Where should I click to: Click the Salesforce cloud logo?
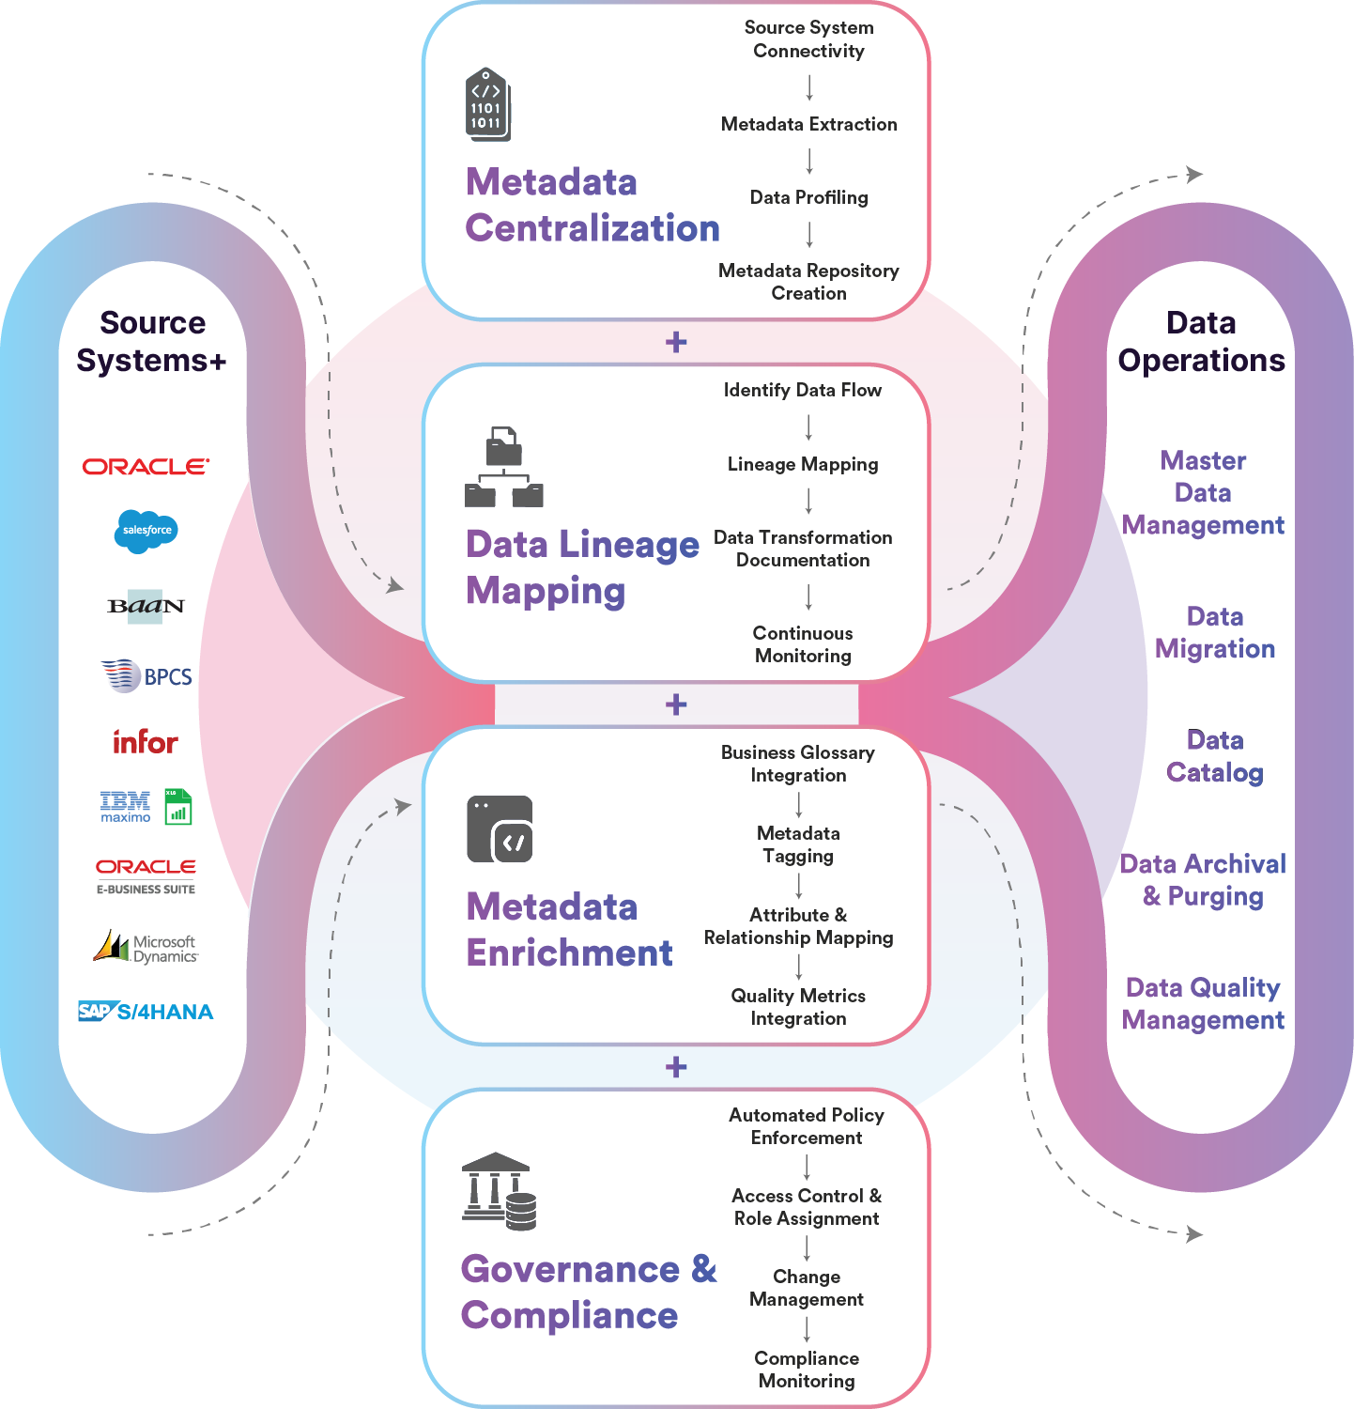tap(146, 531)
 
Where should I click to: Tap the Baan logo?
tap(146, 606)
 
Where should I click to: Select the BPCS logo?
tap(146, 675)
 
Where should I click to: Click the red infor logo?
tap(146, 742)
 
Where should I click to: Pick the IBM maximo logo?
tap(126, 806)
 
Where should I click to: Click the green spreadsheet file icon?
tap(178, 807)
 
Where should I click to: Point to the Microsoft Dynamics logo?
tap(146, 947)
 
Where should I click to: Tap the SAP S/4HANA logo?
tap(146, 1012)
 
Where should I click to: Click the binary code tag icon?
tap(487, 105)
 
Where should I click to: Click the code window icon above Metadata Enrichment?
tap(500, 829)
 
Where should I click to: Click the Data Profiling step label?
tap(808, 197)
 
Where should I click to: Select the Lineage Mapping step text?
tap(803, 464)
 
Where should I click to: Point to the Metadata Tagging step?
tap(798, 844)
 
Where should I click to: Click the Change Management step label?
tap(807, 1288)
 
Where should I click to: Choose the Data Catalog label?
tap(1214, 756)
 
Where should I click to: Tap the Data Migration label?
tap(1214, 632)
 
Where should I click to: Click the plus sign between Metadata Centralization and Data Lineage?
tap(676, 342)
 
